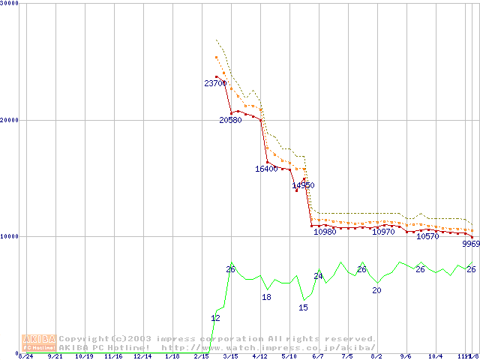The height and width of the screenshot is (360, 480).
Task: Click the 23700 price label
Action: (215, 83)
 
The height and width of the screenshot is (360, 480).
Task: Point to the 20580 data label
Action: (230, 120)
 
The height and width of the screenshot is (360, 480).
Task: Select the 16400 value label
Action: (266, 169)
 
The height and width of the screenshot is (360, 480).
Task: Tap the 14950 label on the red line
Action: (303, 185)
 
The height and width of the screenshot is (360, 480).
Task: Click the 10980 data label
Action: (325, 232)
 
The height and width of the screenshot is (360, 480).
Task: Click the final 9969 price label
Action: (471, 244)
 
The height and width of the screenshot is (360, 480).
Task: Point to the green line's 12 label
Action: (215, 319)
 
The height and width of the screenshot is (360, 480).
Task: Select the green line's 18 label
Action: (266, 298)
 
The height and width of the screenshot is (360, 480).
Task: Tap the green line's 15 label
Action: (303, 307)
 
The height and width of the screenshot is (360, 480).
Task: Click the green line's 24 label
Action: (318, 277)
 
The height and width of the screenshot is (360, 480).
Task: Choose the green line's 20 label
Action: (376, 290)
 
